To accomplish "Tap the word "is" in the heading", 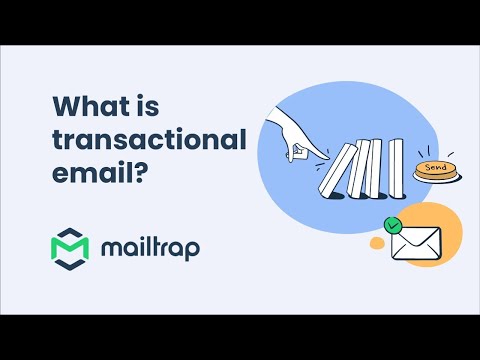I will click(x=138, y=105).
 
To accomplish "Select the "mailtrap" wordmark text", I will click(x=151, y=247).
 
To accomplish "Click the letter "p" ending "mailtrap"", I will click(x=191, y=250).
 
